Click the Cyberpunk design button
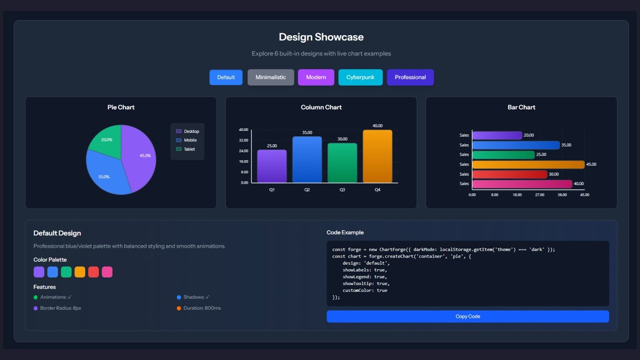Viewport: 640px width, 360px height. coord(360,77)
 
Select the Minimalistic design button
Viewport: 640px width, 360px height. coord(270,77)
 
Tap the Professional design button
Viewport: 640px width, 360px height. coord(410,77)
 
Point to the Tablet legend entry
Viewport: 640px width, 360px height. coord(189,149)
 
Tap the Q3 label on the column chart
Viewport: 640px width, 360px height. coord(342,190)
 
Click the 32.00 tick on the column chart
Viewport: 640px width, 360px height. coord(243,140)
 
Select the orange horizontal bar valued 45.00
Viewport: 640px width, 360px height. coord(528,164)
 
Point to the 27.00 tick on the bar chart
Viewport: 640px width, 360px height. coord(539,195)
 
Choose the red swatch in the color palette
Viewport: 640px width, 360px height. coord(93,272)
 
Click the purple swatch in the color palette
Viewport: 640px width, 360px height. coord(39,272)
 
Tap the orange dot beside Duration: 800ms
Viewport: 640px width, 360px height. coord(179,308)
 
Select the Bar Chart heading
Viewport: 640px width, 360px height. coord(521,107)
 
